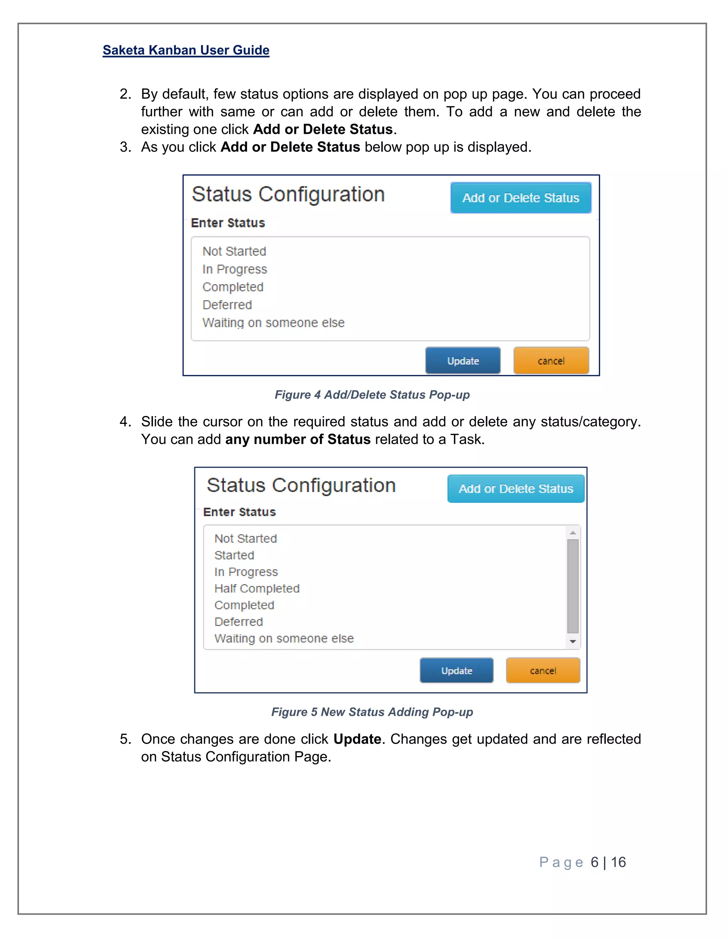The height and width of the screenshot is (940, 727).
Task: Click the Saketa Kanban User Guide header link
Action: pos(186,50)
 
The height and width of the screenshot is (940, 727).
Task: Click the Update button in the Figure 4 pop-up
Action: pos(463,361)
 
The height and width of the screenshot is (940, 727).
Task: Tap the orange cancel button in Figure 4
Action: pos(551,361)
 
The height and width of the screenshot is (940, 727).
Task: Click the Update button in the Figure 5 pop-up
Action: pos(457,670)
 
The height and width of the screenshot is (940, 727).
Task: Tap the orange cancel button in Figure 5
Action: pos(543,670)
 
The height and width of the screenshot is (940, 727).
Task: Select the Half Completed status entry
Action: pos(257,588)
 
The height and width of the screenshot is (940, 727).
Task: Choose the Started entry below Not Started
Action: pos(234,555)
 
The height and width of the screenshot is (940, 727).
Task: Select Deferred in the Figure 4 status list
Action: pos(227,305)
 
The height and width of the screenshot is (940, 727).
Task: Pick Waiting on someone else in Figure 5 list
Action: pos(284,638)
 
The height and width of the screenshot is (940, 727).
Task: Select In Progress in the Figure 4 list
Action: pos(235,269)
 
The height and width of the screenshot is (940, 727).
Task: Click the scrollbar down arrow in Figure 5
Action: pos(573,642)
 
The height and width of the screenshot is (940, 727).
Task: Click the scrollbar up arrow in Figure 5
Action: pos(573,533)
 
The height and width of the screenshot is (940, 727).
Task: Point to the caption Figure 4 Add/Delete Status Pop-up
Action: pos(372,395)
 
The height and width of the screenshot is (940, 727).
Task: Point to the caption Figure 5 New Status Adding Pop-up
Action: pos(372,712)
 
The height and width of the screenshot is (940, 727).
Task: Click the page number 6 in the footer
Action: pos(594,862)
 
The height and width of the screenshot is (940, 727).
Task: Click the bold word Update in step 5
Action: pos(357,739)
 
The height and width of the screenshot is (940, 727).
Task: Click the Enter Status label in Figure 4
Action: pos(228,223)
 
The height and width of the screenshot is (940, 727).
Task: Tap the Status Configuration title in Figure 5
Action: pos(301,486)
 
